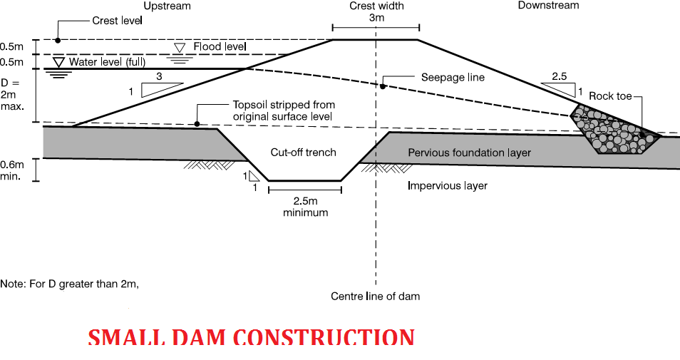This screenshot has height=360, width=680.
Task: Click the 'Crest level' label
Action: coord(117,21)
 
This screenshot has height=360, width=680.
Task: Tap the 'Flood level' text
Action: coord(220,46)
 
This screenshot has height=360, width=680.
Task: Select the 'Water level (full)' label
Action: coord(107,62)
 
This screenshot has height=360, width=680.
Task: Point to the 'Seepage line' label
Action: coord(453,78)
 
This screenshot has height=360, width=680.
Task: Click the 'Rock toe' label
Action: coord(610,96)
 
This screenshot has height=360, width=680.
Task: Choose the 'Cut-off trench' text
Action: coord(303,153)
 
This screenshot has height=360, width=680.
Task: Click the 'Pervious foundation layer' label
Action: coord(469,153)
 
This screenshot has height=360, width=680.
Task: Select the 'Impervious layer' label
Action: coord(448,185)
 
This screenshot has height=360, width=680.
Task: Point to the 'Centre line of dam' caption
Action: coord(375,297)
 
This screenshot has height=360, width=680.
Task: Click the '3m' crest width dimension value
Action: coord(376,18)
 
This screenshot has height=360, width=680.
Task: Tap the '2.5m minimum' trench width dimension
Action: coord(305,207)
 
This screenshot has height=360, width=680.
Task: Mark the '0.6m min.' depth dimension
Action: coord(11,170)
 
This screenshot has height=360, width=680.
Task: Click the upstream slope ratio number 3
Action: coord(159,76)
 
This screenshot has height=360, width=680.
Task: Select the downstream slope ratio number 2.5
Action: coord(559,76)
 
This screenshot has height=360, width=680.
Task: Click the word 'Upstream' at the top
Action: coord(167,6)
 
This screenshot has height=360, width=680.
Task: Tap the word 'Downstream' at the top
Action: coord(549,5)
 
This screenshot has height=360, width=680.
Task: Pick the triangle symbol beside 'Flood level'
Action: coord(179,48)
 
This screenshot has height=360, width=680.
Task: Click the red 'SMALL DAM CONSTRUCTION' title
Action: coord(251,337)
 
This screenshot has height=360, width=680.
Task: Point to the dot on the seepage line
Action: coord(383,87)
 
